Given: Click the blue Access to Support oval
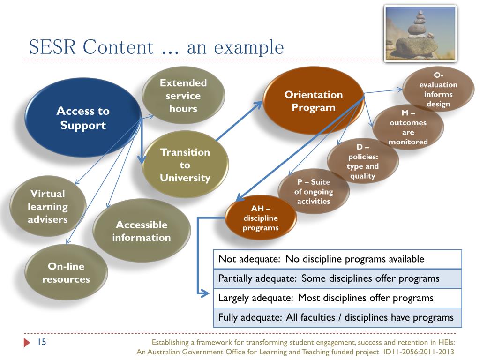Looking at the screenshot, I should pyautogui.click(x=82, y=118).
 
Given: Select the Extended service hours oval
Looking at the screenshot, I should pyautogui.click(x=183, y=96).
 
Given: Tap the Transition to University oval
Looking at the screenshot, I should pyautogui.click(x=185, y=165).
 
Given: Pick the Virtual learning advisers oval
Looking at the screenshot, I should pyautogui.click(x=47, y=206).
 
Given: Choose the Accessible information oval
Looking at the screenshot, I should pyautogui.click(x=141, y=231).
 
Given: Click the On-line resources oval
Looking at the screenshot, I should pyautogui.click(x=66, y=273).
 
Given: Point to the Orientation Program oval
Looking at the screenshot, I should pyautogui.click(x=314, y=101).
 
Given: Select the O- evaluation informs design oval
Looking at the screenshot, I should pyautogui.click(x=438, y=90).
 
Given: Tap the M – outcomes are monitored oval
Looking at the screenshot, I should pyautogui.click(x=408, y=127).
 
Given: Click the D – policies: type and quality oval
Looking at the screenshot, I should pyautogui.click(x=363, y=162).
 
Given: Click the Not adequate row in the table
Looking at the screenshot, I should pyautogui.click(x=337, y=259).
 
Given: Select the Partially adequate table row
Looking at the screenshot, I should pyautogui.click(x=337, y=278).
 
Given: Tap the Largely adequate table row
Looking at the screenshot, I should pyautogui.click(x=337, y=298).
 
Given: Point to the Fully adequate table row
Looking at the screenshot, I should pyautogui.click(x=337, y=317).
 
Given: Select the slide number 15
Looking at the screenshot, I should pyautogui.click(x=41, y=342).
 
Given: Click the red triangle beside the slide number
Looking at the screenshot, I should pyautogui.click(x=27, y=343).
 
